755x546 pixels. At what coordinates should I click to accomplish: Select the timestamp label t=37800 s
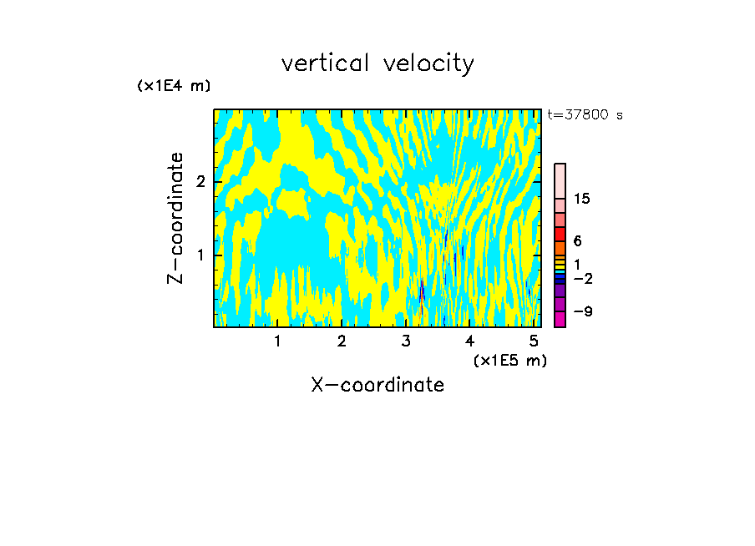[585, 115]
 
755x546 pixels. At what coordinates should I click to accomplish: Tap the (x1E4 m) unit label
[174, 86]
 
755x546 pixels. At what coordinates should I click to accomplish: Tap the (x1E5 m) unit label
[509, 360]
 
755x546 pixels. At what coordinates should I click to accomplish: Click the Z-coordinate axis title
[175, 218]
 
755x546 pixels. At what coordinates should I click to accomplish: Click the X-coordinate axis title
[377, 385]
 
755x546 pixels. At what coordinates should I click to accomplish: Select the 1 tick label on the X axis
[277, 341]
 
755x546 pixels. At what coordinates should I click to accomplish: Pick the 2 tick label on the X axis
[342, 341]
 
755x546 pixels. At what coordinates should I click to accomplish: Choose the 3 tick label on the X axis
[406, 341]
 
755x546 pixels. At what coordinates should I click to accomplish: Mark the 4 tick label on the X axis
[469, 341]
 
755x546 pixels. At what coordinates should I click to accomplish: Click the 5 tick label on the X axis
[534, 341]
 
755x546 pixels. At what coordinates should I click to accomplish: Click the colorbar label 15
[582, 199]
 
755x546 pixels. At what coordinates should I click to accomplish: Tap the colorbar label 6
[578, 241]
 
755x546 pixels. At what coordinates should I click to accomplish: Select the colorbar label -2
[582, 278]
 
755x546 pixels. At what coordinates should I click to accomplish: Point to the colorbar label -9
[582, 311]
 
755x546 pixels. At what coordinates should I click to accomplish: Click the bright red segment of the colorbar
[560, 234]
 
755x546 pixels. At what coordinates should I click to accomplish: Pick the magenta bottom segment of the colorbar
[560, 319]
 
